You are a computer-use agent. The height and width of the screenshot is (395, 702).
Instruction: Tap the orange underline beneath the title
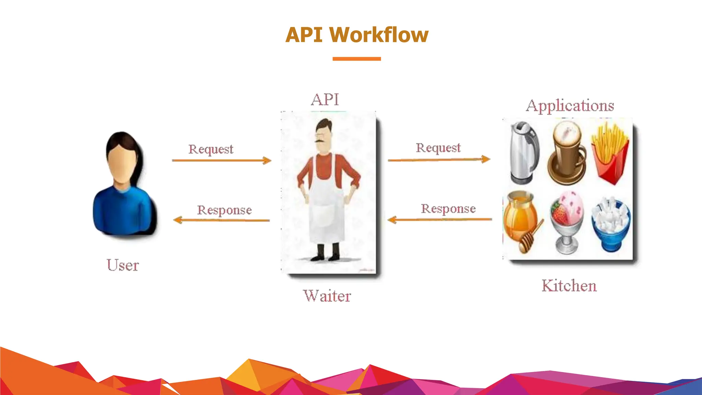(356, 59)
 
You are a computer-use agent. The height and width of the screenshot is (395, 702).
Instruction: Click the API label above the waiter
(325, 100)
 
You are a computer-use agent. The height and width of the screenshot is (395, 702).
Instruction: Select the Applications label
(570, 106)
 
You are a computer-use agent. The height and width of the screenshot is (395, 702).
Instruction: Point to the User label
(123, 265)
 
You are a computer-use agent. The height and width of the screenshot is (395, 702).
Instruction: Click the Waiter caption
(327, 296)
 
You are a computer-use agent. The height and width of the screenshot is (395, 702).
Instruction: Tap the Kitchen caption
(569, 286)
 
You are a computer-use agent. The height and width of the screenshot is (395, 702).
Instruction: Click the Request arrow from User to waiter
(221, 160)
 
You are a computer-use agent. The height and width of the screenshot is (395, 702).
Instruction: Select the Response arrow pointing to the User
(221, 220)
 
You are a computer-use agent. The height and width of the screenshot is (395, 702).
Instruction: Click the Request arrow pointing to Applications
(439, 159)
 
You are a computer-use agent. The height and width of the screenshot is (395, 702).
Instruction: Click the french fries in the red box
(610, 154)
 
